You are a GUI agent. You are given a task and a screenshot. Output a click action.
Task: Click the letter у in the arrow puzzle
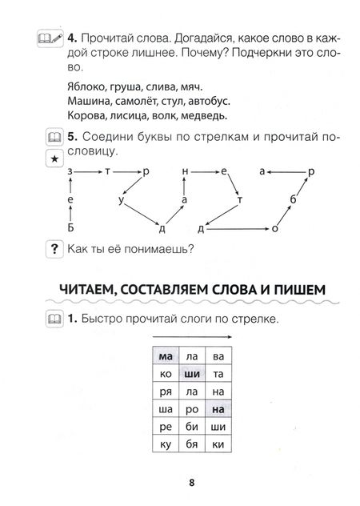[121, 199]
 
